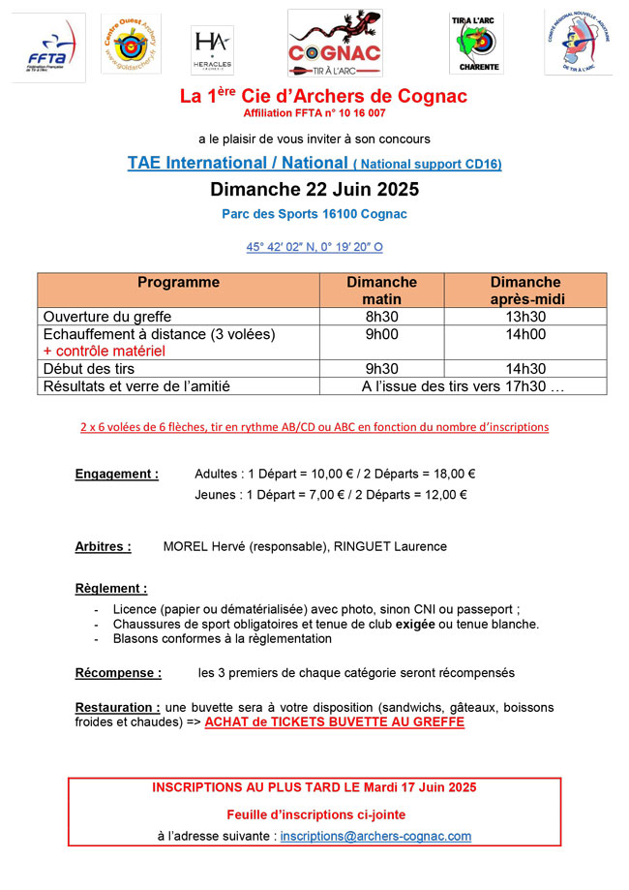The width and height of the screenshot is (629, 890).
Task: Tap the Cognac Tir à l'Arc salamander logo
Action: click(335, 44)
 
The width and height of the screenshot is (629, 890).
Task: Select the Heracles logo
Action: click(212, 48)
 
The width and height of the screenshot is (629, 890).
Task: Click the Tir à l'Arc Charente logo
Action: click(475, 44)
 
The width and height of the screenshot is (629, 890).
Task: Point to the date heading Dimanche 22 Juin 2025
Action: click(314, 188)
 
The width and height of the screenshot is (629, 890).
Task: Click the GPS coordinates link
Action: click(314, 247)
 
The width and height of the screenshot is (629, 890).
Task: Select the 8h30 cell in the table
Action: click(381, 317)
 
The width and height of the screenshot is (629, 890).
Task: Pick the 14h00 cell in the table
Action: click(525, 334)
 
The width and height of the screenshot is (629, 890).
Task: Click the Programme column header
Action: click(178, 283)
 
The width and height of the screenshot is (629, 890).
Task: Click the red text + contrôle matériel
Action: click(105, 351)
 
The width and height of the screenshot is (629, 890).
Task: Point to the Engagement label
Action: click(117, 475)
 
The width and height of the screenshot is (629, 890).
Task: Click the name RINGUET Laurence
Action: click(390, 546)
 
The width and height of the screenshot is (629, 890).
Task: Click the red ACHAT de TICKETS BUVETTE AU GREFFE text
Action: click(335, 722)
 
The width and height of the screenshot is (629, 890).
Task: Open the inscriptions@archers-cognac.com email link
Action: click(375, 836)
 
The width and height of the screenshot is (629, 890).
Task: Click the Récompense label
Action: click(118, 672)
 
